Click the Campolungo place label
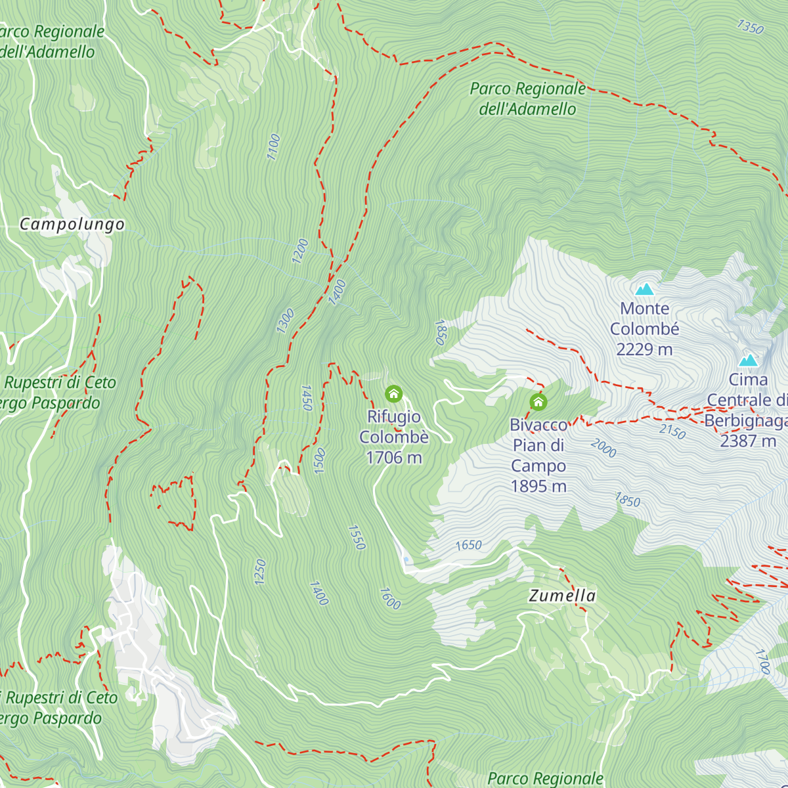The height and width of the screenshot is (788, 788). click(x=72, y=225)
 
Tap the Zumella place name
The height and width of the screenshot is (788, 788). click(x=562, y=596)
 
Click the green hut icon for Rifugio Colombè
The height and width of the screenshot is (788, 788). click(x=393, y=394)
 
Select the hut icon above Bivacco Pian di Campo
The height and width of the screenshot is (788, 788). click(x=538, y=402)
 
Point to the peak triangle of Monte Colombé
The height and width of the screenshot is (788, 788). click(x=645, y=289)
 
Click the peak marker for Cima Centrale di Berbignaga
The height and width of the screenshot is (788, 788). click(x=748, y=361)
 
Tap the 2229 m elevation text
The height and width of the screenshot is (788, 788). click(x=644, y=349)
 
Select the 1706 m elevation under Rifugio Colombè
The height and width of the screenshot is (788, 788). click(x=393, y=458)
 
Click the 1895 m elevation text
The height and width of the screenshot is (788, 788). click(x=538, y=487)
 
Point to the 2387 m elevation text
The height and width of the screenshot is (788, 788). click(x=748, y=441)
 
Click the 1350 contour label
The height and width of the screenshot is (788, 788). click(x=750, y=27)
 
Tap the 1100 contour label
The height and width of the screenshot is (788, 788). click(x=274, y=146)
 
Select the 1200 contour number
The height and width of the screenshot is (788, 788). click(x=300, y=252)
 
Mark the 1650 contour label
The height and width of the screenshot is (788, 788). click(x=468, y=545)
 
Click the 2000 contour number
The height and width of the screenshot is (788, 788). click(x=603, y=448)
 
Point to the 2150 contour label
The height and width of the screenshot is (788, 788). click(x=672, y=431)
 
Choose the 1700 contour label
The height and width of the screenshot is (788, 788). click(x=762, y=661)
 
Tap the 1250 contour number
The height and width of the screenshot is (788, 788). click(x=260, y=571)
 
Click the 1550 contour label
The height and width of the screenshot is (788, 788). click(x=357, y=537)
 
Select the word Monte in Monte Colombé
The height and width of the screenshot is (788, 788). click(x=644, y=309)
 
